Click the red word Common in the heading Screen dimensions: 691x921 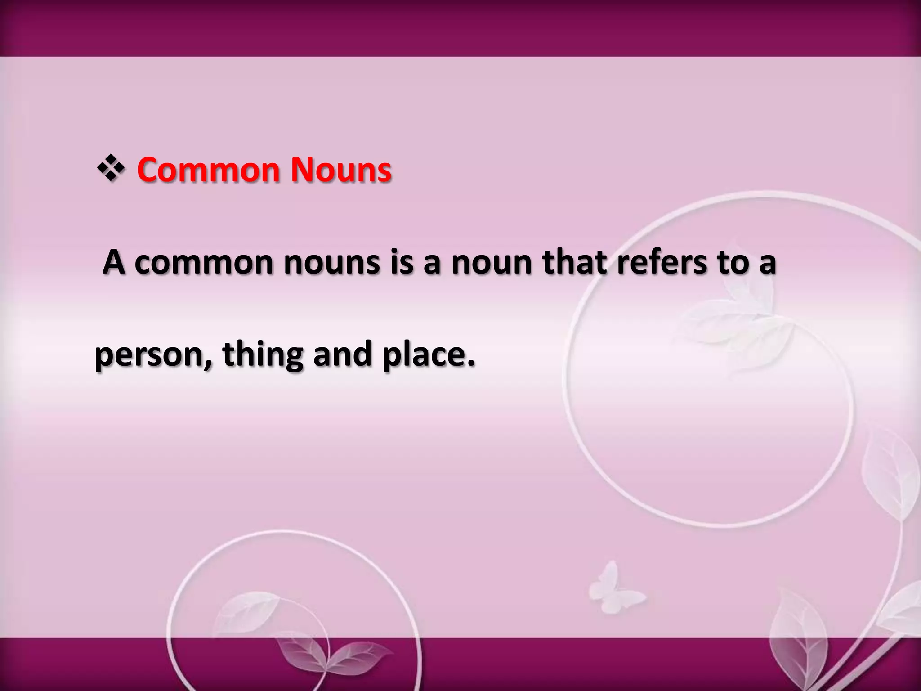(207, 170)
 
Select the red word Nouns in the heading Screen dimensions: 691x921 (341, 170)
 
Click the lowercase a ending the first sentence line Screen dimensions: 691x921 (767, 264)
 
